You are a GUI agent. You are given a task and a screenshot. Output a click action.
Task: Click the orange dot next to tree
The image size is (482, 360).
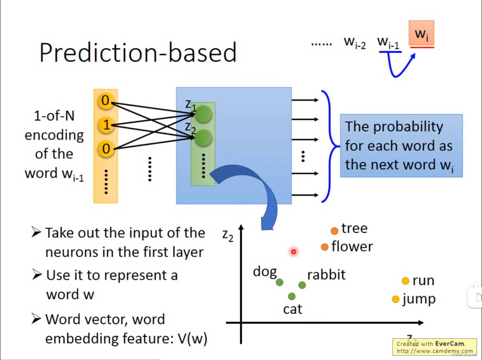click(334, 231)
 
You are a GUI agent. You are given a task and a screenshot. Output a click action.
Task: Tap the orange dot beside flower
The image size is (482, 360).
click(325, 247)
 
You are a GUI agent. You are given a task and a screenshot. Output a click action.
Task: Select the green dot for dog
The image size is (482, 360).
click(279, 282)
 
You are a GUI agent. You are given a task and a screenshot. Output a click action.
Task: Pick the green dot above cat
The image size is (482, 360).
click(292, 296)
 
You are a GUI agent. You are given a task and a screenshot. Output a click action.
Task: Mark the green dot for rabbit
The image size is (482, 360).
click(302, 285)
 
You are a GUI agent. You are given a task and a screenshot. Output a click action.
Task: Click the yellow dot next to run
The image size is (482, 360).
click(405, 281)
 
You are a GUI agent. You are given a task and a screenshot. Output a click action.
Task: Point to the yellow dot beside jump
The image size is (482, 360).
click(396, 299)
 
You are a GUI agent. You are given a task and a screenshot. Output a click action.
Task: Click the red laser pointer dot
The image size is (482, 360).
click(294, 252)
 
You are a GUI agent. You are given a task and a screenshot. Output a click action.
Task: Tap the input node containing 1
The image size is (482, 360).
click(106, 125)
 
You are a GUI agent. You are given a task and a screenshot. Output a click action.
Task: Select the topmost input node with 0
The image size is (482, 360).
click(105, 101)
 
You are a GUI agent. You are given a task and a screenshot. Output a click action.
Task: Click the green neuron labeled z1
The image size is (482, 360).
click(203, 114)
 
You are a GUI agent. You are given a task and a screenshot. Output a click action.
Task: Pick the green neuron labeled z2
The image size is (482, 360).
click(203, 138)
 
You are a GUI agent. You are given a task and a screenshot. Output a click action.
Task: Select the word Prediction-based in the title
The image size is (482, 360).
click(138, 52)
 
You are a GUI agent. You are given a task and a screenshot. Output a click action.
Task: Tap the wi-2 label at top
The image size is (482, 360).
click(354, 42)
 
